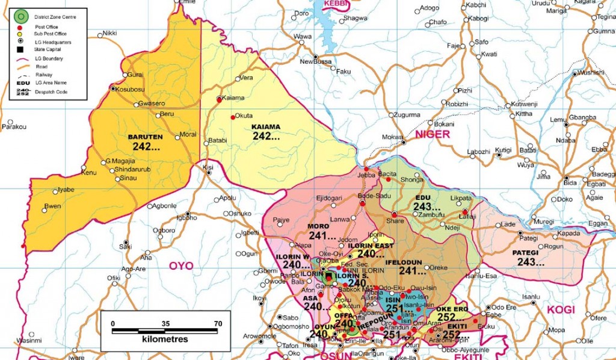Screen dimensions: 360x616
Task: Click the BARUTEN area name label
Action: coord(146,137)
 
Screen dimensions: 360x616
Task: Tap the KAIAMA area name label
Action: coord(266,127)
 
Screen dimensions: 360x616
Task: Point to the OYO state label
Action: coord(180,265)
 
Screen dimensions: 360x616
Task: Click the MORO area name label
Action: coord(318,226)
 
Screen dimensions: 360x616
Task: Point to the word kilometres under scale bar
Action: coord(165,340)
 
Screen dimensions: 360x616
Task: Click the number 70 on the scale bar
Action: coord(218,323)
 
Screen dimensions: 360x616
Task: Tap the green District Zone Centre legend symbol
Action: coord(21,16)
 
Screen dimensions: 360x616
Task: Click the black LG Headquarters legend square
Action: coord(20,49)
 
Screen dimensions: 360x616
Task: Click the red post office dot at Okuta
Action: coord(233,117)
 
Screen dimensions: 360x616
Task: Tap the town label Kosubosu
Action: coord(131,89)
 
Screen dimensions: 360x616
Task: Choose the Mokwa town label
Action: coord(393,137)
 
